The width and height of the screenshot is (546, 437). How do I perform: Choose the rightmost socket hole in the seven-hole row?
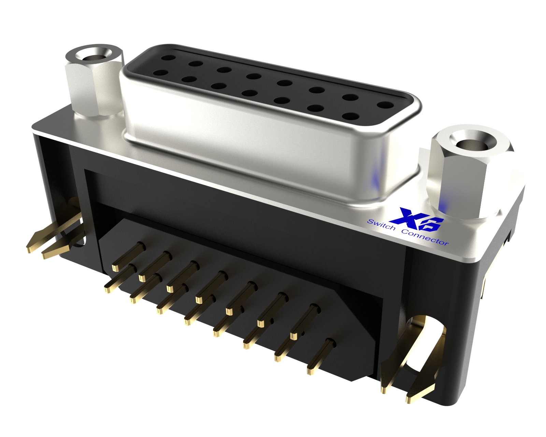[x=349, y=116]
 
